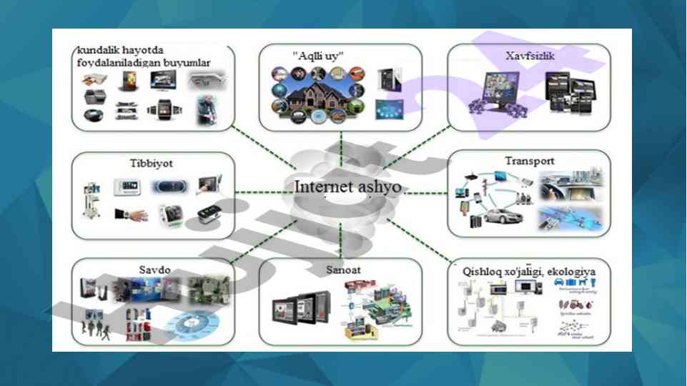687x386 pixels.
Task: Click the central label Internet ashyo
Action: (x=347, y=187)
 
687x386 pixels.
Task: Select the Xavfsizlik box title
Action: (x=530, y=54)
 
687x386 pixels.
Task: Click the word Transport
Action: (x=530, y=161)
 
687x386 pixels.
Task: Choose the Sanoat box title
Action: (x=340, y=270)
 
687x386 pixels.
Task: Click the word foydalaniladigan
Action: (x=118, y=63)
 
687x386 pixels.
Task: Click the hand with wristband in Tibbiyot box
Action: (x=132, y=214)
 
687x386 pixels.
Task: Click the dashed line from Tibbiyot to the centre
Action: (x=257, y=192)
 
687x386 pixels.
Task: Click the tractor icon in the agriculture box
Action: (x=572, y=304)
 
